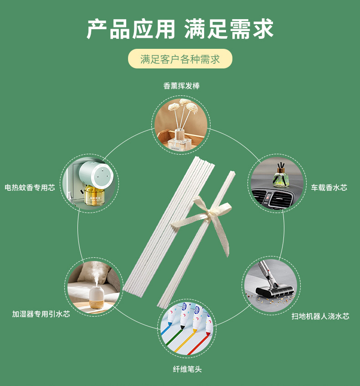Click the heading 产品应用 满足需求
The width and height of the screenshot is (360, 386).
[x=180, y=29]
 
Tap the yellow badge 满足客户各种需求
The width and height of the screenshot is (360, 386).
[x=180, y=59]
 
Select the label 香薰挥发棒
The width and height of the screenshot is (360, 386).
[x=181, y=86]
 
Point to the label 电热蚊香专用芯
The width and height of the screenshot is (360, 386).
[x=30, y=188]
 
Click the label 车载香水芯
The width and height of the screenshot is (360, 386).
[x=329, y=188]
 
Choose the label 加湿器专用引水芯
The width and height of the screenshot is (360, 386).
[x=41, y=314]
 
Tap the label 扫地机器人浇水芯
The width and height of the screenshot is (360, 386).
[x=320, y=316]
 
